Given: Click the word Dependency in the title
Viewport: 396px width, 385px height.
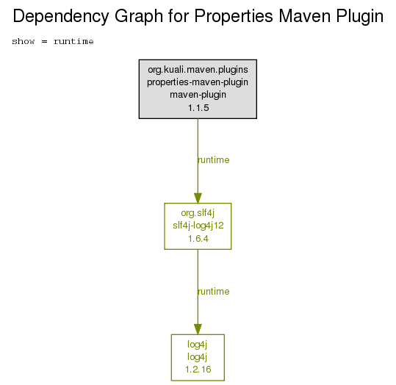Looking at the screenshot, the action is pos(61,17).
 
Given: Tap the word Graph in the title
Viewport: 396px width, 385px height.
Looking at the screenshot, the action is pos(139,17).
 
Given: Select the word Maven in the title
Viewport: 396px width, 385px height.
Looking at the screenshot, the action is pos(304,16).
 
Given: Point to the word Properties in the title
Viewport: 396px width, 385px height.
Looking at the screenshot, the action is pos(234,17).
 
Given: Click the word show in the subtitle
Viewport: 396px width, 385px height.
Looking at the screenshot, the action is pos(24,41).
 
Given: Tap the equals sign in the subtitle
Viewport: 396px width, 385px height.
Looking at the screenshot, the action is pos(44,41).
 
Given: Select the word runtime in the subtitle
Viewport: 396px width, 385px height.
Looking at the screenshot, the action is pos(73,41).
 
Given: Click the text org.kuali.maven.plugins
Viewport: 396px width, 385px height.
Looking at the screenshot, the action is pos(198,70).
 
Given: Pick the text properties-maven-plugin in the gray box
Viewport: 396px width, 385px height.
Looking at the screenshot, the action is pos(198,82).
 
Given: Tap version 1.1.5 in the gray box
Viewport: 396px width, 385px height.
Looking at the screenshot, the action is pos(198,108).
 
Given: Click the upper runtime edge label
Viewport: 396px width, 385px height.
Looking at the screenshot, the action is pos(214,160).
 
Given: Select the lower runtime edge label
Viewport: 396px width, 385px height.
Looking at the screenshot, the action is pos(214,292).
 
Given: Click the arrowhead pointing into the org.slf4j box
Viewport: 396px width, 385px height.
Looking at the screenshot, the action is pos(198,198).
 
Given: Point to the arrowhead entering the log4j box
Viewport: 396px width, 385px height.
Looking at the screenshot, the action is pos(198,329).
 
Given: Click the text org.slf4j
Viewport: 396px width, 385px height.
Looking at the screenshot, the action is pos(198,213).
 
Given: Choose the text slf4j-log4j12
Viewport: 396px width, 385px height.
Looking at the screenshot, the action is pos(198,226).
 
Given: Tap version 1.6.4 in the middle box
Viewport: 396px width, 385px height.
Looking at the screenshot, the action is pos(198,239).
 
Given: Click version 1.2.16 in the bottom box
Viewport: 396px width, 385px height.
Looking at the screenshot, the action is pos(198,370).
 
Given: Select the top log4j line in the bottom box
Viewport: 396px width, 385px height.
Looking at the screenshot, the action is pos(197,345).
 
